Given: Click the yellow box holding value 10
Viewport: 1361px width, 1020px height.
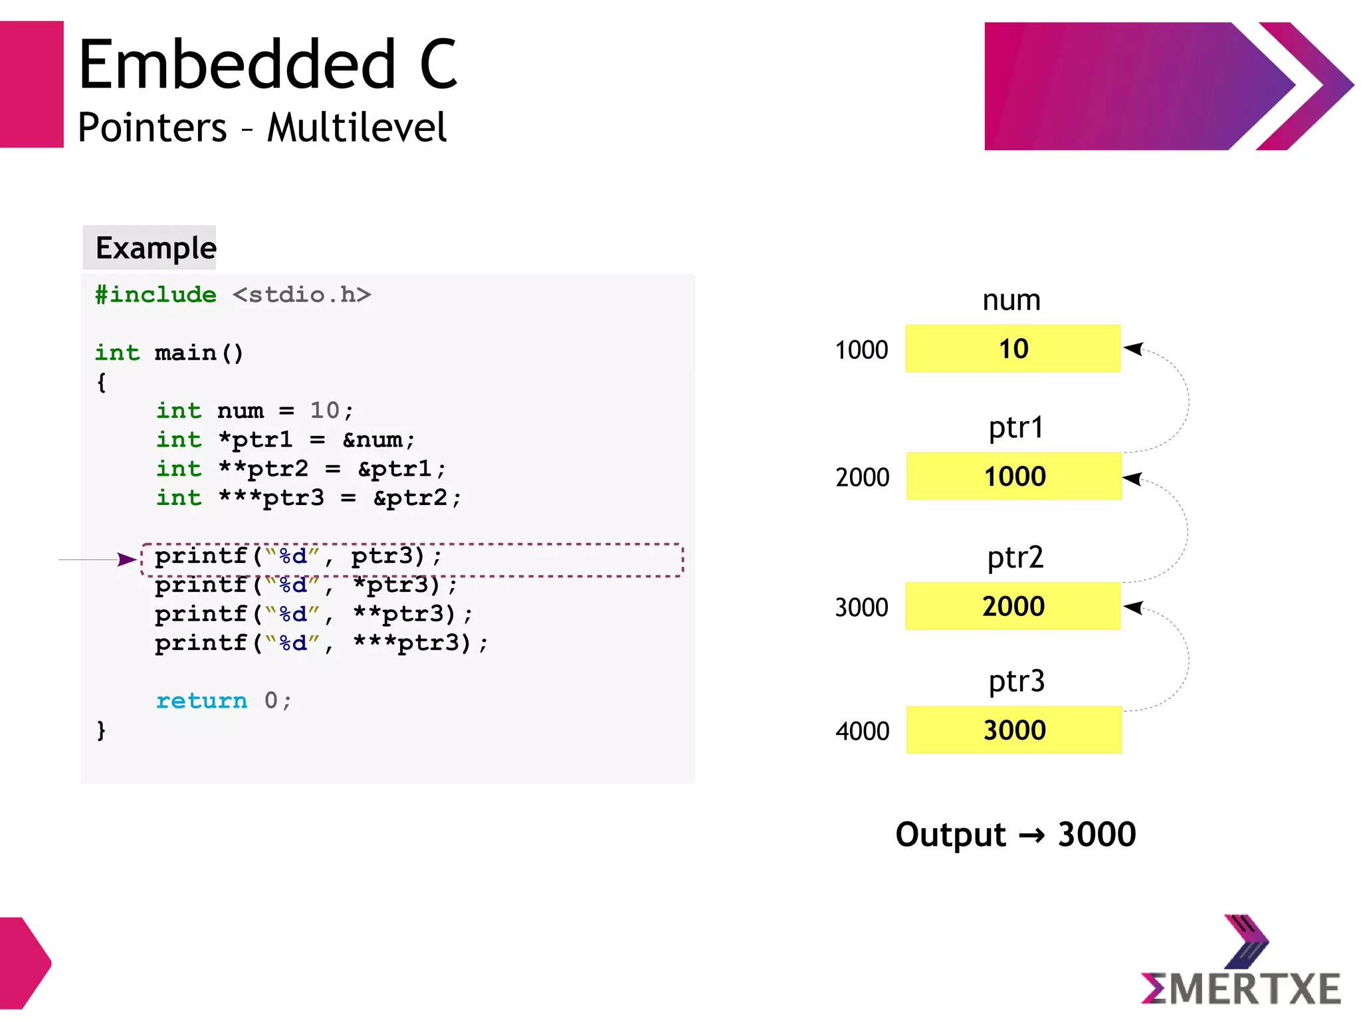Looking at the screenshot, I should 1013,349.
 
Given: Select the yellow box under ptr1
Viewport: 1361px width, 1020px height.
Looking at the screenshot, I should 1014,476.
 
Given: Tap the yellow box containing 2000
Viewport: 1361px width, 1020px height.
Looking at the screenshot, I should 1013,606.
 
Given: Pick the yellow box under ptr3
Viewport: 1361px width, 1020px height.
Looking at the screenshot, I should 1014,730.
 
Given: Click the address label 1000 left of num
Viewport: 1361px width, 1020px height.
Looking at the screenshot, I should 861,350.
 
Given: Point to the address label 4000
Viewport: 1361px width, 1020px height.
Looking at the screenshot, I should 862,731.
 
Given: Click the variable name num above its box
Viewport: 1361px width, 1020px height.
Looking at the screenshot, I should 1011,300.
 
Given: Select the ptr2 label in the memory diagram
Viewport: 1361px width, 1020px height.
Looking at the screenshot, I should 1015,558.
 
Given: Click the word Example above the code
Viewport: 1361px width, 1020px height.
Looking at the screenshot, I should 156,248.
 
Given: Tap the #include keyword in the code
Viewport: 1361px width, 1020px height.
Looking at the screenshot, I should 156,294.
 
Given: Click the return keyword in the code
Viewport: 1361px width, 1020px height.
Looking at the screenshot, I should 201,700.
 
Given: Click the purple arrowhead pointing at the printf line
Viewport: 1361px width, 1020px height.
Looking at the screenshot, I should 126,560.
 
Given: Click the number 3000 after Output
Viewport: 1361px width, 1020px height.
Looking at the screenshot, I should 1097,835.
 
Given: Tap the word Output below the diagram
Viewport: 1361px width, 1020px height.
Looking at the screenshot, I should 950,835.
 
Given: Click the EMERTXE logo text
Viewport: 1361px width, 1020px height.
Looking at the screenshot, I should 1241,988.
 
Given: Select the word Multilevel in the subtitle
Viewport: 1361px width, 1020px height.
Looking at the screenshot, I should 357,128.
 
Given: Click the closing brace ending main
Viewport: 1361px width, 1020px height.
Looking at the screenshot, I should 101,730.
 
